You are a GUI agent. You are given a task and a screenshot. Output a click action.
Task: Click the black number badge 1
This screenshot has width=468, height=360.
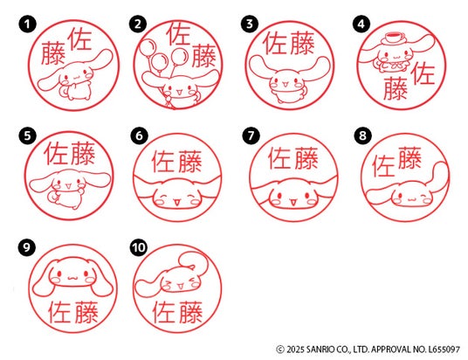tap(27, 24)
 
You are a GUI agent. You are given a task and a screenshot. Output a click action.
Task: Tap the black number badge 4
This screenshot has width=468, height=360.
tap(361, 24)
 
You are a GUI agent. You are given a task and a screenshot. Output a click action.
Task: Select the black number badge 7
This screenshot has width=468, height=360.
tap(251, 136)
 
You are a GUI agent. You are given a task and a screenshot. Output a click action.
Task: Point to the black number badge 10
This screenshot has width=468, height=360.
tap(139, 247)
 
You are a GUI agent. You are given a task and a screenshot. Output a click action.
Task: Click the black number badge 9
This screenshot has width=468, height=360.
tap(27, 247)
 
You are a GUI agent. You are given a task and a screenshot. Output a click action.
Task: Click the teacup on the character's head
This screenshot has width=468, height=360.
tap(394, 38)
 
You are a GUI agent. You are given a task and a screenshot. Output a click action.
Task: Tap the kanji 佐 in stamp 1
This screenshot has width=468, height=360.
tap(79, 39)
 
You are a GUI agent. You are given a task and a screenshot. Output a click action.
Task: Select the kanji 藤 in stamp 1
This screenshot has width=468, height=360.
tap(53, 53)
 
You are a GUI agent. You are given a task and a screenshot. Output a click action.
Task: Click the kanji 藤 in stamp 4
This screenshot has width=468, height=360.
tap(396, 88)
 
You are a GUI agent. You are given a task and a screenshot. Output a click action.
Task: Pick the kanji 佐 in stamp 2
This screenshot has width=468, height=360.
tap(178, 34)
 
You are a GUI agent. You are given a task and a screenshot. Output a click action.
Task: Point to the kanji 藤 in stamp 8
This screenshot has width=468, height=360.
tap(409, 157)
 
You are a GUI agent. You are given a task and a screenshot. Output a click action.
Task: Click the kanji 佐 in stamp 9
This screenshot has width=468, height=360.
tap(59, 312)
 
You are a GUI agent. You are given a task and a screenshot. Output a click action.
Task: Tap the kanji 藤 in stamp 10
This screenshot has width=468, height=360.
tap(190, 312)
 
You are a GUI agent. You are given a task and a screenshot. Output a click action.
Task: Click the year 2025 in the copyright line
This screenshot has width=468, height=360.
tap(295, 349)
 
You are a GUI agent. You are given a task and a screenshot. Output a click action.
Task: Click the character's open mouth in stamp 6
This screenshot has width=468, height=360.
tap(176, 203)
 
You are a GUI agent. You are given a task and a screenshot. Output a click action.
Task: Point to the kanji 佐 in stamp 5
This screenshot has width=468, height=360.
tap(57, 154)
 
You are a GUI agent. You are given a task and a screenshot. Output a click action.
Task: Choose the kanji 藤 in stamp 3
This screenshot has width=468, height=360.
tap(302, 44)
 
